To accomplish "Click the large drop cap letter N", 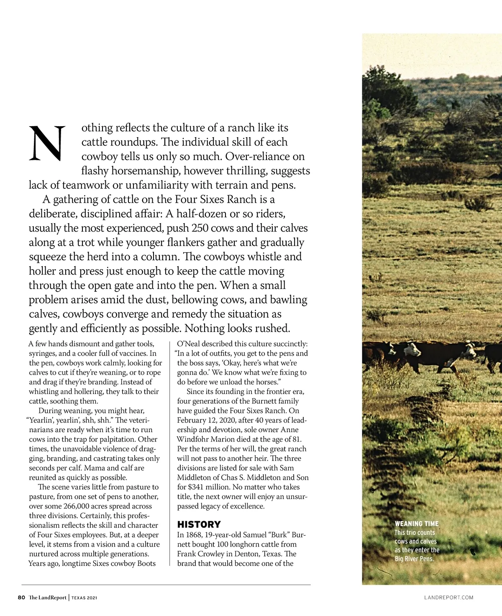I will pos(47,143).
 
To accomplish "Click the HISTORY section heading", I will pos(199,524).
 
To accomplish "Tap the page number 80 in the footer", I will pos(21,598).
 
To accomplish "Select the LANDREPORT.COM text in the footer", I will pos(448,598).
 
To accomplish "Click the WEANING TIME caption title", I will pos(417,524).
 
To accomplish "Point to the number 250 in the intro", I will pos(200,228).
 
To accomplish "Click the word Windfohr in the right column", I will pos(192,439).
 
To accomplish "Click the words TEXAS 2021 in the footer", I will pos(85,598).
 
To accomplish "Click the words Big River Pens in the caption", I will pos(414,559).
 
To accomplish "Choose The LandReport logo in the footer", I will pos(48,598).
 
